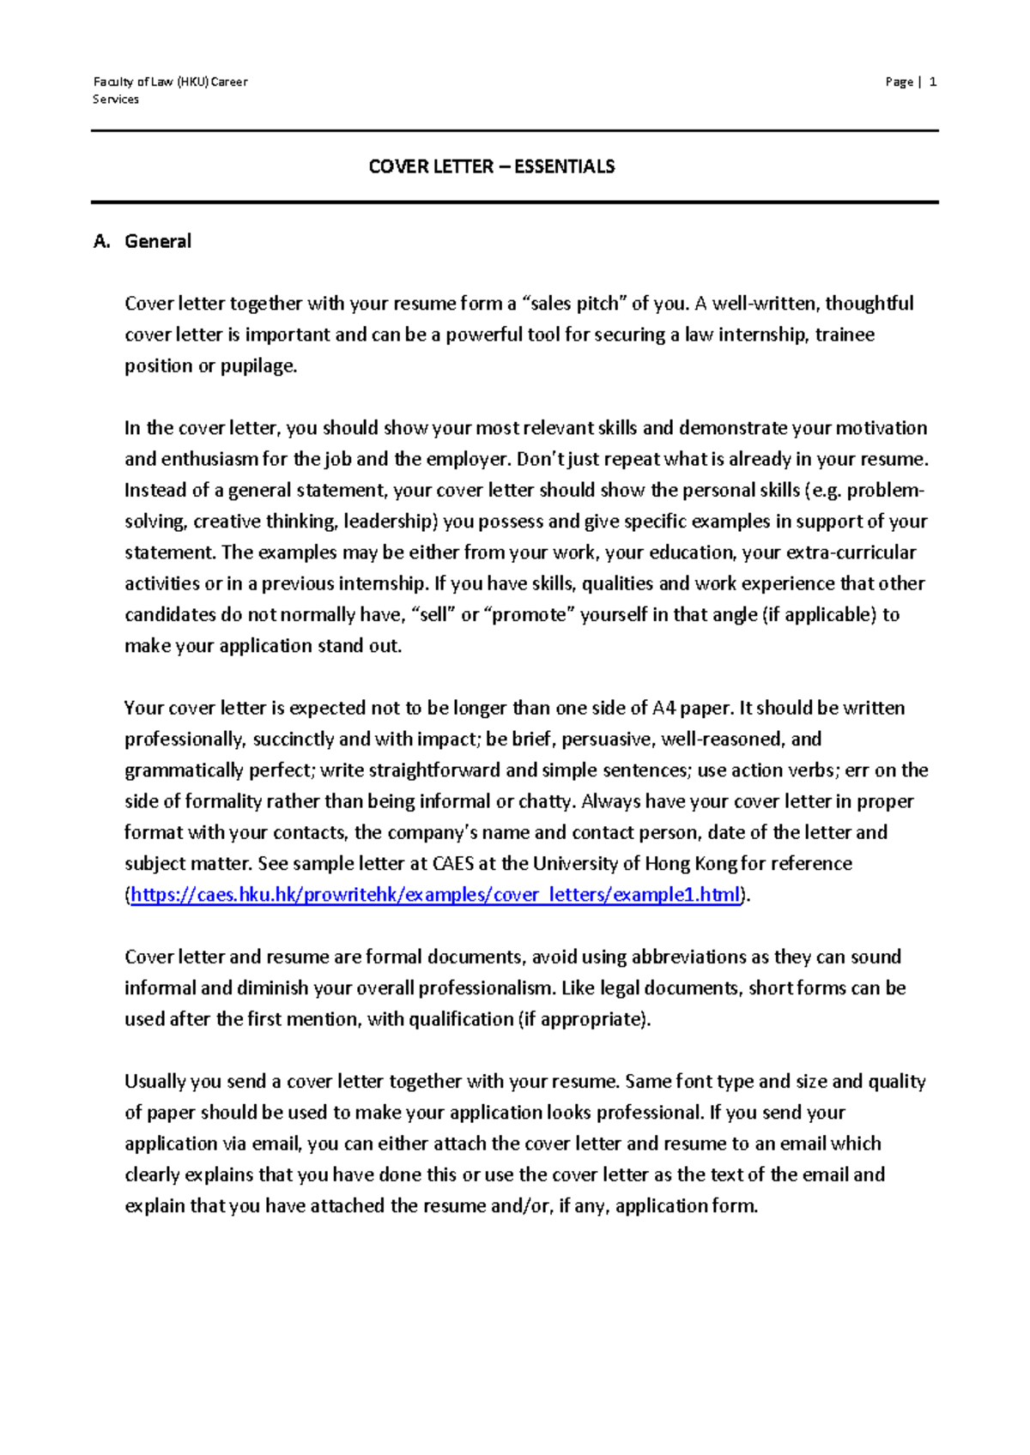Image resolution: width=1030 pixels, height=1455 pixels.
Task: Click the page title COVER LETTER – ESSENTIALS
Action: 491,166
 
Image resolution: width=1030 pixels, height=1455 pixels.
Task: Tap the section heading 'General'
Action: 158,241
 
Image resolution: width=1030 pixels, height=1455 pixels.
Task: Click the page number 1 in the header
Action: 933,82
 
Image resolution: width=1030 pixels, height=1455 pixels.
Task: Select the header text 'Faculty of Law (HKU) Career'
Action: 170,82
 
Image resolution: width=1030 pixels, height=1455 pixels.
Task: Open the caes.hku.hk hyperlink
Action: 435,895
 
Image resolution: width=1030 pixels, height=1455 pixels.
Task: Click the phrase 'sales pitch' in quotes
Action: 575,304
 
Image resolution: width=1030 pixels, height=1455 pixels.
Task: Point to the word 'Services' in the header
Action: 116,100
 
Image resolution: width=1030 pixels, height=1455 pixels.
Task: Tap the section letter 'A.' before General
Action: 102,241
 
